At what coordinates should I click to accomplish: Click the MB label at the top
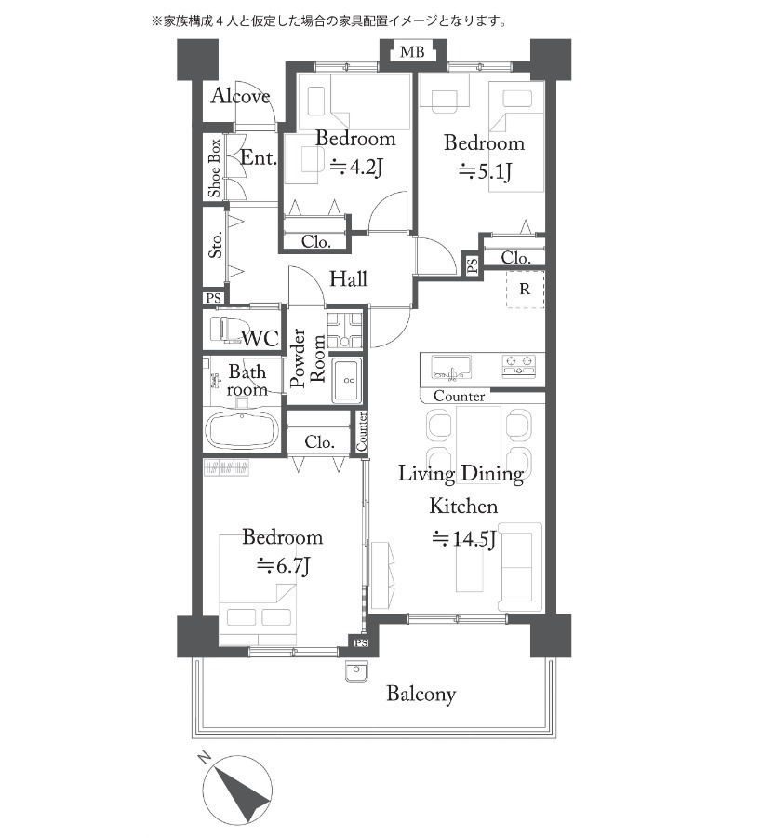click(x=412, y=52)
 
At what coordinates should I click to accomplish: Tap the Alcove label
click(x=240, y=96)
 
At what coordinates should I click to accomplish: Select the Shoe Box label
click(x=214, y=168)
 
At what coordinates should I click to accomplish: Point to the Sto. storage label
click(x=215, y=245)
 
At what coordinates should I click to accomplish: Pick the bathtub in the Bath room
click(x=242, y=430)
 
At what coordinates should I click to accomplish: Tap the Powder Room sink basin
click(x=347, y=380)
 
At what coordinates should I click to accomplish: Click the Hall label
click(x=348, y=278)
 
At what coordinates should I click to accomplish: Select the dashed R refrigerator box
click(x=526, y=290)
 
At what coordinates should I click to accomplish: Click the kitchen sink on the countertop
click(x=452, y=368)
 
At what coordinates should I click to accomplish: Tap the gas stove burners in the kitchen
click(x=518, y=364)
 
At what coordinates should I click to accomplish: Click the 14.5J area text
click(x=463, y=539)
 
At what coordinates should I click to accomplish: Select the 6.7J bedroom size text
click(x=283, y=565)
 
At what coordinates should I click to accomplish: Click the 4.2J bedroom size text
click(x=356, y=168)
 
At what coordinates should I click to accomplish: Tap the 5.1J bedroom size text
click(x=485, y=171)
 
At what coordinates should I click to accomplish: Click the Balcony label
click(x=421, y=695)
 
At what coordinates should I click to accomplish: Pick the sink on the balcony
click(x=355, y=671)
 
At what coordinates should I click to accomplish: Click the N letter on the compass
click(x=204, y=757)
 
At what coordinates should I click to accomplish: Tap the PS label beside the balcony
click(x=361, y=642)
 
